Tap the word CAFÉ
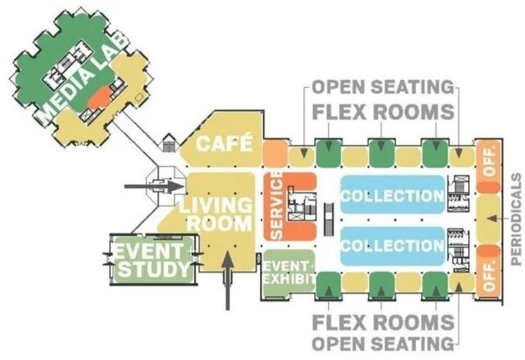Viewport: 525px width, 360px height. click(x=226, y=144)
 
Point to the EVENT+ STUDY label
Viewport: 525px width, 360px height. click(x=152, y=261)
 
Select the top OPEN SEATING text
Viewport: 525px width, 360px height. click(x=384, y=85)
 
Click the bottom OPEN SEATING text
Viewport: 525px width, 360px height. click(x=383, y=342)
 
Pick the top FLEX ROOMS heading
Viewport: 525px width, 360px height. click(x=383, y=112)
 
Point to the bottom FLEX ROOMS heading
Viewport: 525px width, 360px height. click(x=383, y=320)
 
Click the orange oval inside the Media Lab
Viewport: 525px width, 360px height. click(x=99, y=97)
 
